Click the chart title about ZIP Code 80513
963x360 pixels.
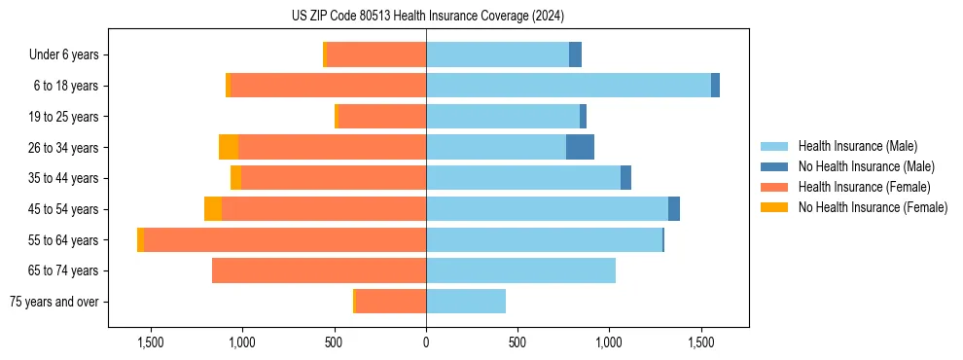coord(427,17)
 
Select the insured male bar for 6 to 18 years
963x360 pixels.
coord(568,86)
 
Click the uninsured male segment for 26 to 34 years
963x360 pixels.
coord(580,147)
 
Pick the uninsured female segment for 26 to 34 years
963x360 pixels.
coord(229,147)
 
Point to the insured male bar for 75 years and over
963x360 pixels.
coord(466,302)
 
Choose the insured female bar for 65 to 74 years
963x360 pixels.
coord(319,270)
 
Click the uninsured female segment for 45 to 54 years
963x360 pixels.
coord(213,209)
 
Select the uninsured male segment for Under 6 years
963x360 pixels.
coord(575,54)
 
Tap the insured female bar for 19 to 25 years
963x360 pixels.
coord(381,117)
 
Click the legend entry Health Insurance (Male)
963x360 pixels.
coord(857,146)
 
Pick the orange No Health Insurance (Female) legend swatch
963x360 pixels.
coord(774,207)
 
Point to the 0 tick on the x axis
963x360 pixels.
coord(426,342)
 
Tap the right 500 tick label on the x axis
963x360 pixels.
coord(517,342)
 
